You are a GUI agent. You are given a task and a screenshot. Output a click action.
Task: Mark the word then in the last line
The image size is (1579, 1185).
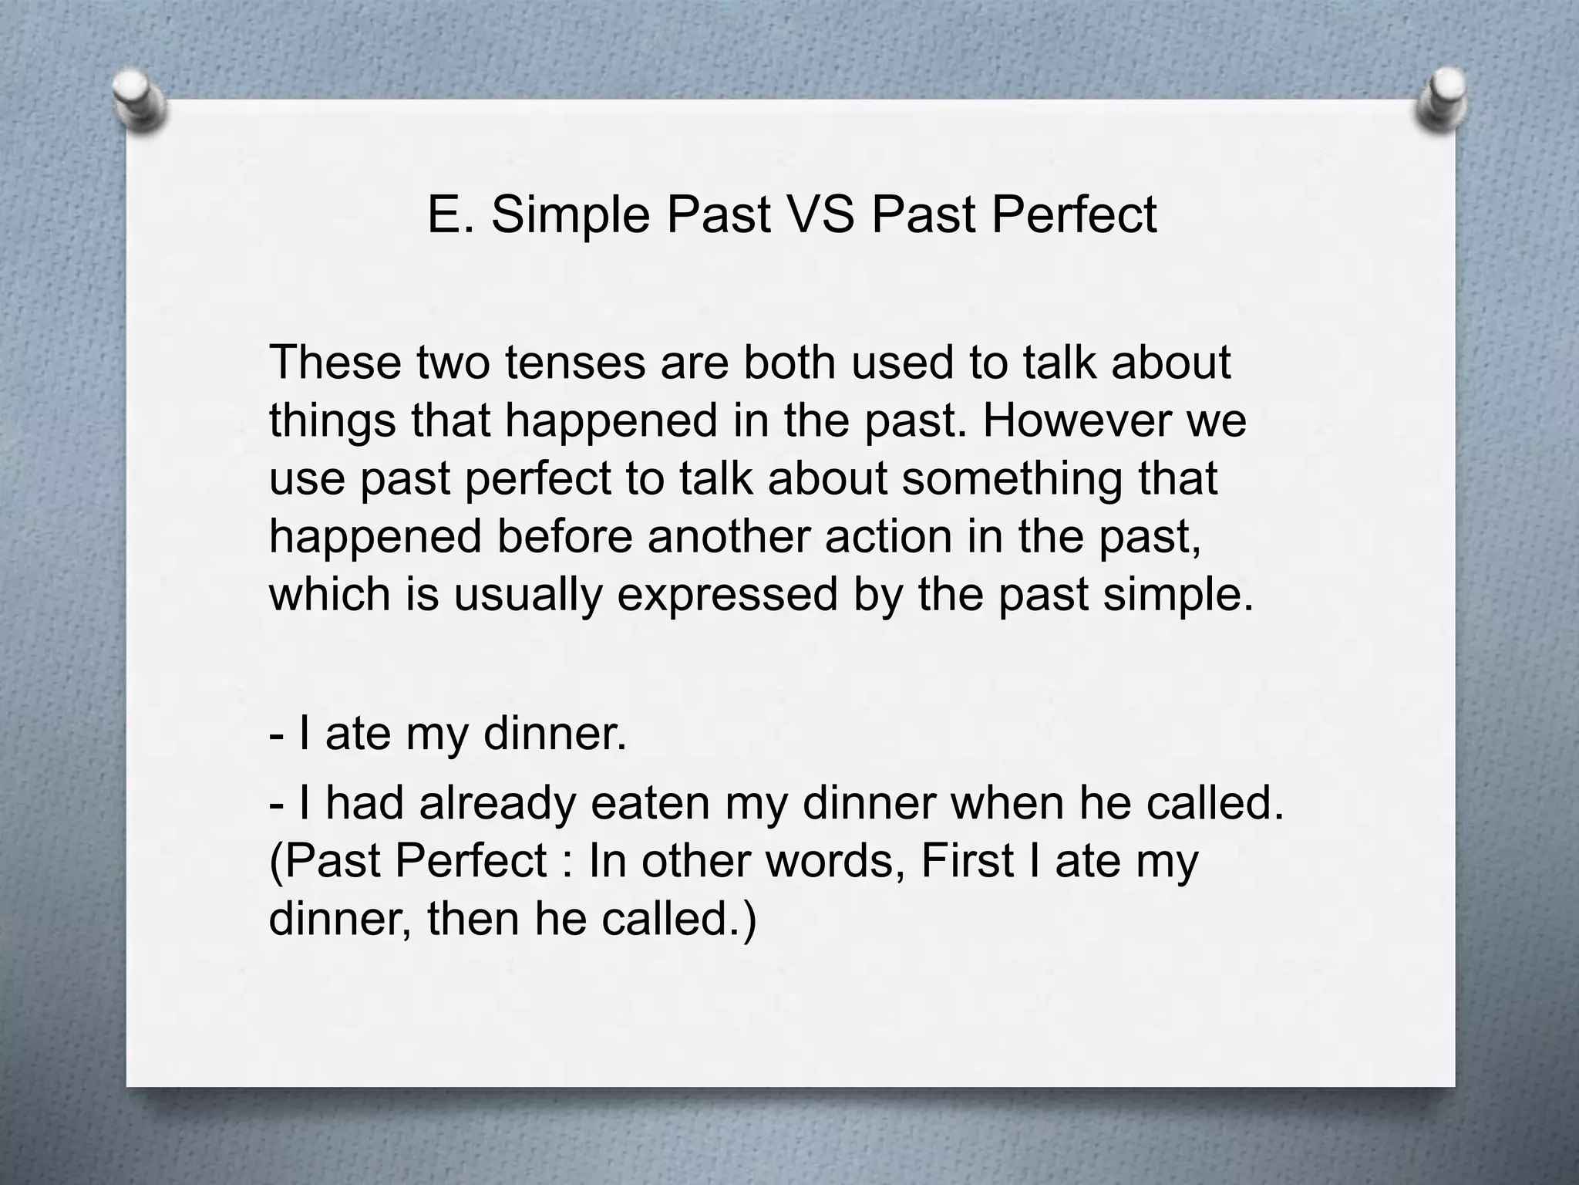(473, 919)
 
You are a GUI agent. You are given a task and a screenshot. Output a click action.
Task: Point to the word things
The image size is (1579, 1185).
(332, 420)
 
